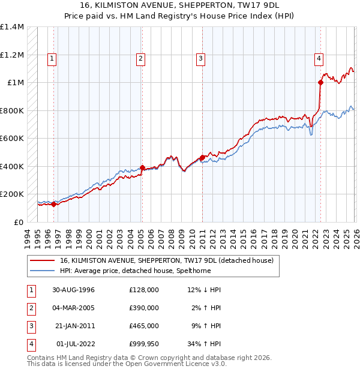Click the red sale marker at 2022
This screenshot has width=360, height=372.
(x=320, y=83)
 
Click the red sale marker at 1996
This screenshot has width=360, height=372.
(x=54, y=204)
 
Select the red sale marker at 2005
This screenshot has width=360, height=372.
(x=142, y=168)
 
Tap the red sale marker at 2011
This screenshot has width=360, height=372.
(x=202, y=157)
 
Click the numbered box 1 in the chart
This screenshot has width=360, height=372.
(x=52, y=58)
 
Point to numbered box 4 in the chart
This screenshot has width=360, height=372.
(x=319, y=58)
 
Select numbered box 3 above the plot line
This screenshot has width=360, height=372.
(x=200, y=58)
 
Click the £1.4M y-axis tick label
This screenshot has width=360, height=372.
(x=12, y=27)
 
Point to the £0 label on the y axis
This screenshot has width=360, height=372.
(x=19, y=222)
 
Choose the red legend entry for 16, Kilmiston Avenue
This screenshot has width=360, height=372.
(x=166, y=260)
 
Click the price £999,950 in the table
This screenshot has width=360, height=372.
(x=143, y=344)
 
